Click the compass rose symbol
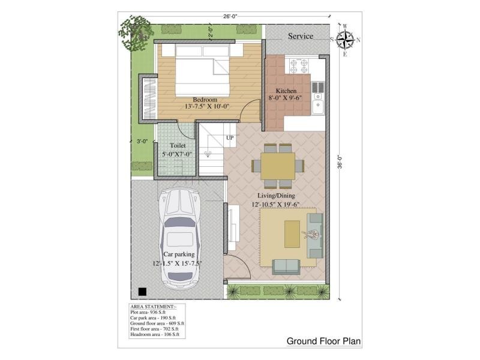tap(345, 40)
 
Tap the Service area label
tap(301, 36)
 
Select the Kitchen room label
tap(286, 91)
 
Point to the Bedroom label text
tap(205, 100)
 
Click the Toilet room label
tap(178, 145)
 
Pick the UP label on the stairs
tap(230, 138)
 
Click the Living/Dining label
tap(276, 196)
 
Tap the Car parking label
tap(179, 254)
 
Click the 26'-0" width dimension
tap(230, 17)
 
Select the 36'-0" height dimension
tap(340, 161)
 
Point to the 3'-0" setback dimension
tap(142, 142)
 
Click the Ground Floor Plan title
tap(323, 341)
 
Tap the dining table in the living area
tap(278, 166)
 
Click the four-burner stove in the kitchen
tap(299, 66)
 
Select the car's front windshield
tap(180, 222)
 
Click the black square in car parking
tap(142, 292)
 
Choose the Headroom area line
tap(155, 334)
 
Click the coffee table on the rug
tap(292, 234)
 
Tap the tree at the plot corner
tap(136, 32)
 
